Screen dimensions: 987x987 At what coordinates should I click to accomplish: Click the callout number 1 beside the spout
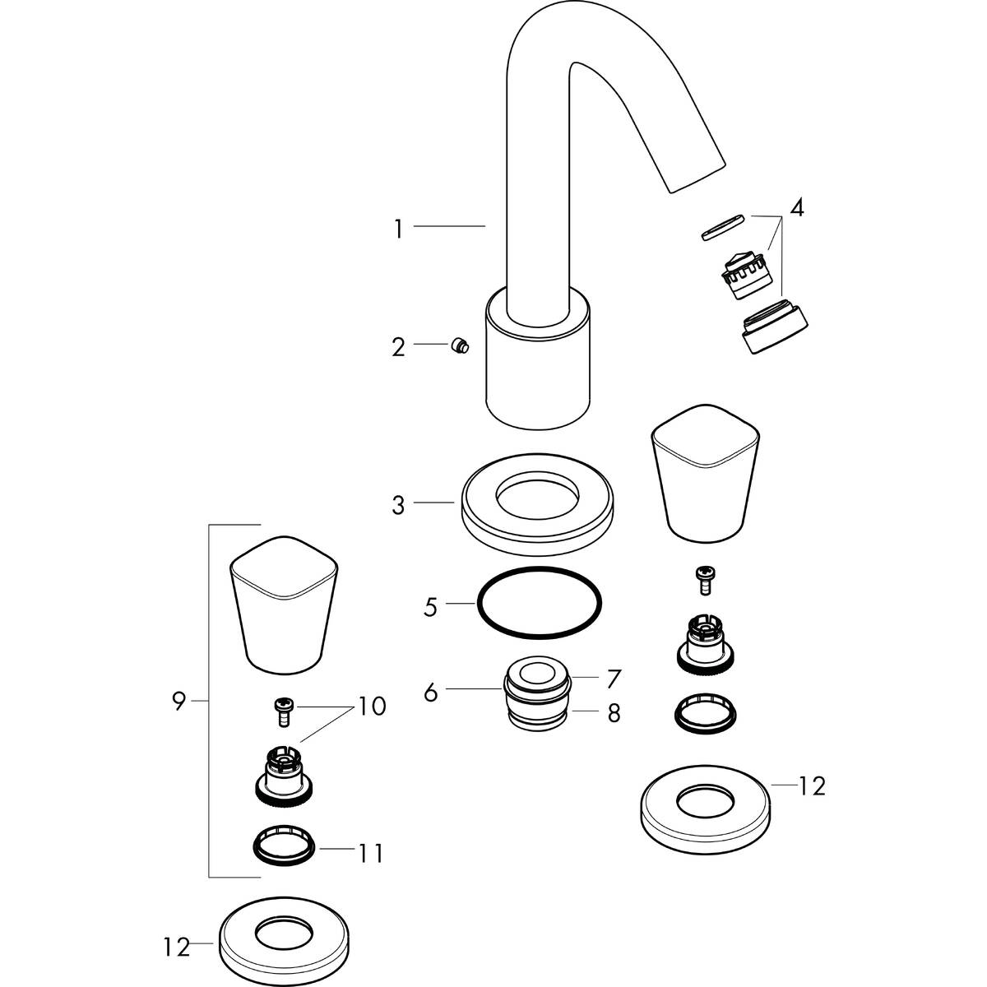coord(398,229)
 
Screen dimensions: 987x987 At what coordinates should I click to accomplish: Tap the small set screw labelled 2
coord(460,346)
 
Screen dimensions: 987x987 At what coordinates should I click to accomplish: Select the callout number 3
coord(398,504)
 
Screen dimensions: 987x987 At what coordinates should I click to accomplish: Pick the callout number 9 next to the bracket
coord(178,702)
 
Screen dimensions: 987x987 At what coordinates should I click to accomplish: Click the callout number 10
coord(372,707)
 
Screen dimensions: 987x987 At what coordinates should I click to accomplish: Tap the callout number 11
coord(371,854)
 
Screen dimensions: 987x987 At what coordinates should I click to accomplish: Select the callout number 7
coord(614,679)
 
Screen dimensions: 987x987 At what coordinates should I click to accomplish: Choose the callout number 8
coord(614,712)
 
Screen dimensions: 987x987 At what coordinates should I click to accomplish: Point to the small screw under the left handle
coord(282,710)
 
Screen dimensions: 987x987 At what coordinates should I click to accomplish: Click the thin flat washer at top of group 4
coord(723,226)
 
